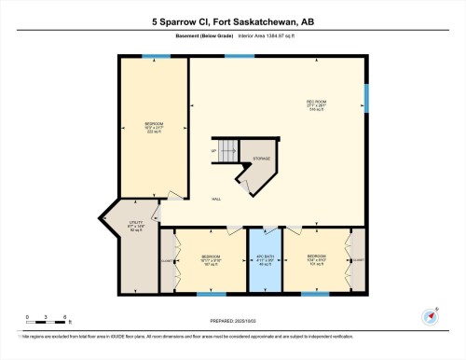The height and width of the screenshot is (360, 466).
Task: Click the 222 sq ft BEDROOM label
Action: pos(154,127)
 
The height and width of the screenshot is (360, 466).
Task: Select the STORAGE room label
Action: pos(262,159)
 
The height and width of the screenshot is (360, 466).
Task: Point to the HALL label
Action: pos(215,199)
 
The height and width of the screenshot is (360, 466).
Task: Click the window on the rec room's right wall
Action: pos(366,97)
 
